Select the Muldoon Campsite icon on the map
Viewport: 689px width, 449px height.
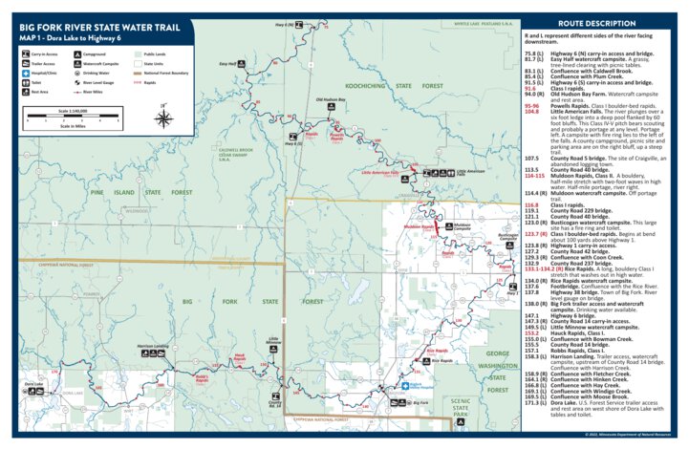click(448, 226)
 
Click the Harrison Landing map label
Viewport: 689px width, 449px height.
click(152, 346)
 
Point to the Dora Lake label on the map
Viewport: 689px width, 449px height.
click(33, 384)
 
